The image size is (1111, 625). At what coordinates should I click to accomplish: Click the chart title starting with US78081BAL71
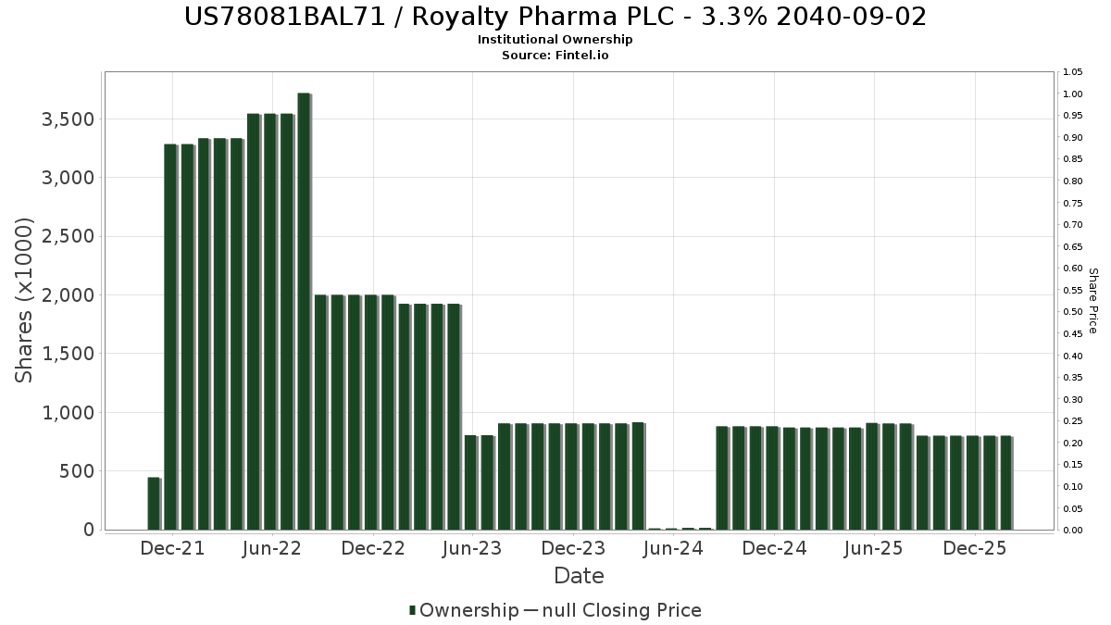555,17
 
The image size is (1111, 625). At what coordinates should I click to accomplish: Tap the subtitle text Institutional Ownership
555,40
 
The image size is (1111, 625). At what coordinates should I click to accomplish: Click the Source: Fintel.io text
555,56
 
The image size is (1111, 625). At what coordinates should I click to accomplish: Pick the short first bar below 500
154,504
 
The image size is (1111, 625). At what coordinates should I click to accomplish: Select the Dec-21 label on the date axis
172,549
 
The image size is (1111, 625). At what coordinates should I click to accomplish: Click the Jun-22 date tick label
272,549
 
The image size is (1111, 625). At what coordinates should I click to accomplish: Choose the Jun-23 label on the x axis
472,549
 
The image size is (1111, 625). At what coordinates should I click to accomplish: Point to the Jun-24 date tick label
673,549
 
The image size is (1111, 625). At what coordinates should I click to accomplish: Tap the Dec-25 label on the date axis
975,549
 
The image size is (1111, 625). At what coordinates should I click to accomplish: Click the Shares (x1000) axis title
25,300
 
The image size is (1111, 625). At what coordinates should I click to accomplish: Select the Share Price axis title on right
1092,301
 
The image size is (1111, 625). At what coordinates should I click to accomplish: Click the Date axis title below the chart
579,576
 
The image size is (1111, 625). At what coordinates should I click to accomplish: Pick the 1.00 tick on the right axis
1073,94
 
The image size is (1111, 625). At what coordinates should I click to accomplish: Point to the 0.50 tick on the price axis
1073,312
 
